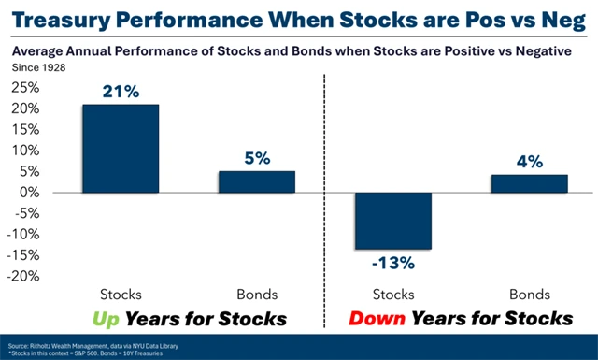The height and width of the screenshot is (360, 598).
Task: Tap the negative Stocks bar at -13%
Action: [x=392, y=221]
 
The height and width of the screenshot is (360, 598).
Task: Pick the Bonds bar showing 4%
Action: [x=529, y=183]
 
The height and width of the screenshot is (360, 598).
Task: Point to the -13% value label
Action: [x=392, y=263]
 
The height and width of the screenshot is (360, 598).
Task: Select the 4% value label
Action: [x=529, y=162]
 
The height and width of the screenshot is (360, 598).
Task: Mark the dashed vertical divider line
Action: [x=323, y=187]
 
